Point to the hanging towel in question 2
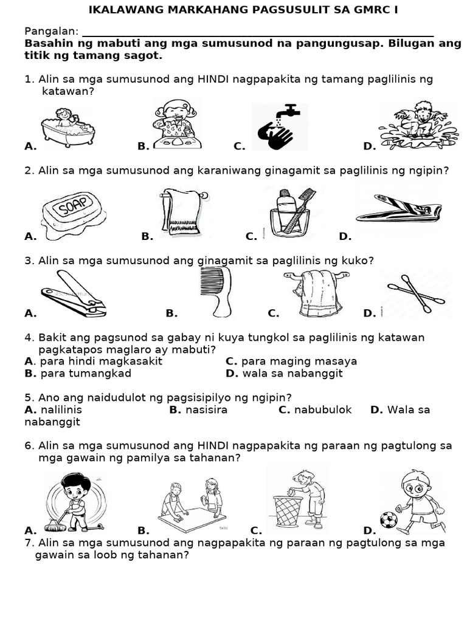tap(182, 213)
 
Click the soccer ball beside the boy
tap(388, 519)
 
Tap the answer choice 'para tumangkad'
tap(77, 374)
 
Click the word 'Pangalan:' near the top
tap(51, 31)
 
